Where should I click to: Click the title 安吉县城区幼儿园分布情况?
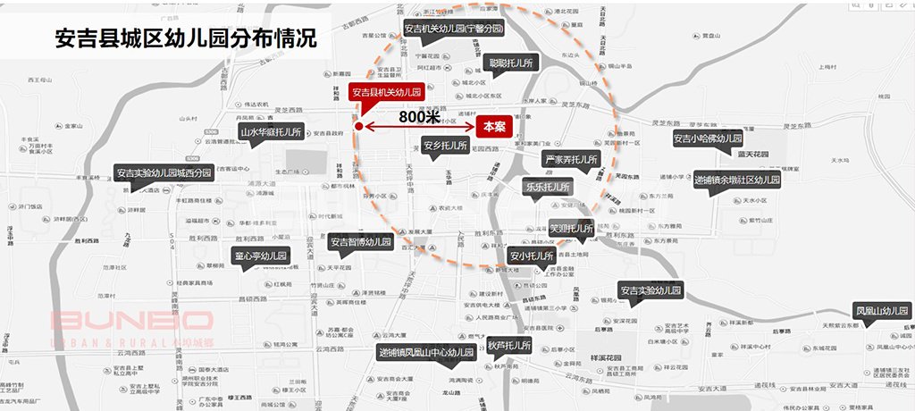click(185, 40)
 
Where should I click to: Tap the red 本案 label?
click(493, 126)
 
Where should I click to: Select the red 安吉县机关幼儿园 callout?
click(386, 91)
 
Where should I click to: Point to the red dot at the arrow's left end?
click(358, 127)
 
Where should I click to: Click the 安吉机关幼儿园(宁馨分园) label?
click(453, 29)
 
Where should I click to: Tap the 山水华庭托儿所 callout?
click(271, 131)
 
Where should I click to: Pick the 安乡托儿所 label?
click(445, 145)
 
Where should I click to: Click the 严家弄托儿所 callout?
click(571, 160)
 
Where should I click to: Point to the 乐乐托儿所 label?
click(547, 187)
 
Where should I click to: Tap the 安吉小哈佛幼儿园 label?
click(708, 138)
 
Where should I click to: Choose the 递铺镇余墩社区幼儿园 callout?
click(737, 179)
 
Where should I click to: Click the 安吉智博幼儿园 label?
click(360, 241)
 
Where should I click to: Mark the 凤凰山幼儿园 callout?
click(882, 311)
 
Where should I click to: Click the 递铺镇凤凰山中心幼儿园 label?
click(424, 351)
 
